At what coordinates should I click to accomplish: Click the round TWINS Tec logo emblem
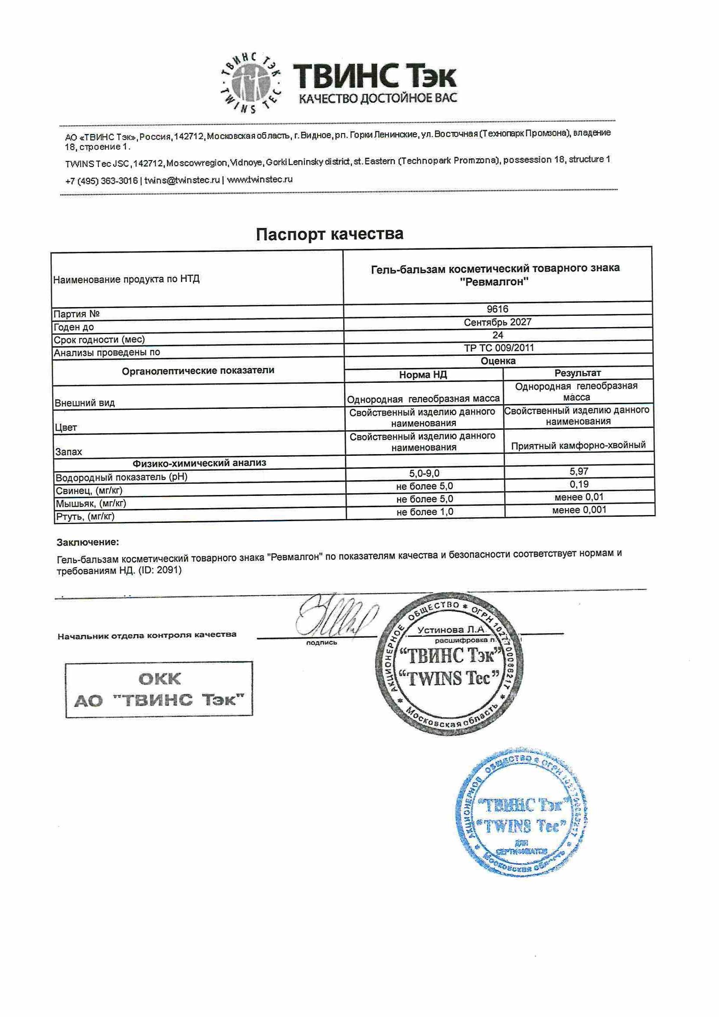[x=251, y=83]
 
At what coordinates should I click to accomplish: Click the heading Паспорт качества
[x=330, y=234]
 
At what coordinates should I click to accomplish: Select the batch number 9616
[x=497, y=309]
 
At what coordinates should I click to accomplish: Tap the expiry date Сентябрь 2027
[x=498, y=322]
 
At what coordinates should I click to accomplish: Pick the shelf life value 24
[x=498, y=335]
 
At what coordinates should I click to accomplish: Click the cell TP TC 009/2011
[x=499, y=348]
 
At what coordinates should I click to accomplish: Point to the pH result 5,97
[x=579, y=471]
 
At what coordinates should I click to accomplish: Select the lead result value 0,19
[x=579, y=484]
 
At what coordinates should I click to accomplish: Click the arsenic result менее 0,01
[x=579, y=497]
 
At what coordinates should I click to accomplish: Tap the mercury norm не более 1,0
[x=425, y=512]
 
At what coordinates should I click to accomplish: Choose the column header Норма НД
[x=423, y=375]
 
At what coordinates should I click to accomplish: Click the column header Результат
[x=578, y=373]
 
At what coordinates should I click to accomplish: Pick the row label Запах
[x=69, y=452]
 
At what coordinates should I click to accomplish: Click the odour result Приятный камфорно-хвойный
[x=578, y=445]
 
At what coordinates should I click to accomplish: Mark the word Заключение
[x=88, y=542]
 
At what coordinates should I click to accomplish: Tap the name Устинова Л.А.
[x=452, y=629]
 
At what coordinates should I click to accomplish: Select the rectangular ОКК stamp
[x=159, y=689]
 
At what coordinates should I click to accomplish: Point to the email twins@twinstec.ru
[x=182, y=180]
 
